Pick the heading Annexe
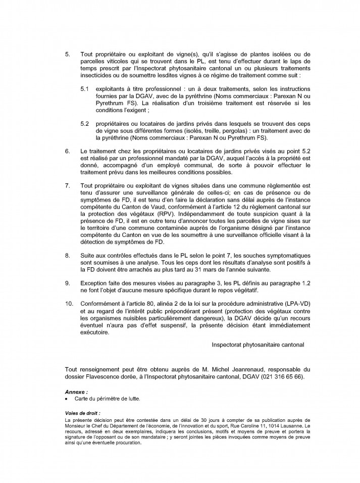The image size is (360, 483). [x=76, y=392]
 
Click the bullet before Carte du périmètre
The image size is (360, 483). [x=67, y=399]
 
